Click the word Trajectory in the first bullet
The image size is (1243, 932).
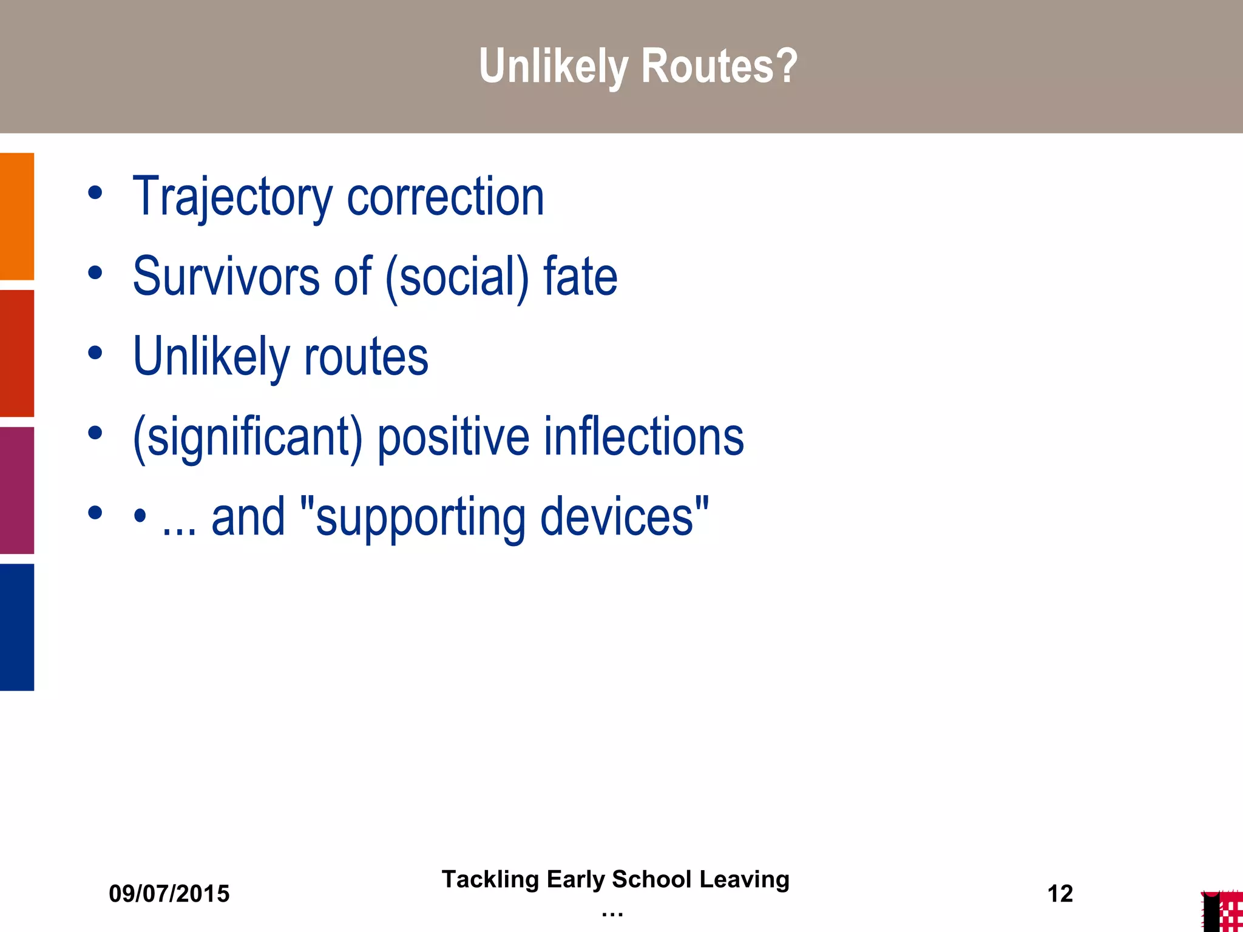pos(232,197)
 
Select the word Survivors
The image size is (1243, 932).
pos(226,277)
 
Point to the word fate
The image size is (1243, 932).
pos(580,277)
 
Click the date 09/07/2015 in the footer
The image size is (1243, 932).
pos(169,894)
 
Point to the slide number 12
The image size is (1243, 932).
pos(1060,894)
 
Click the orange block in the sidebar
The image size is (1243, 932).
pos(17,216)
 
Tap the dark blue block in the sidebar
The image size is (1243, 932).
pos(17,627)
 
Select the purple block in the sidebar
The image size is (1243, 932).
pos(17,490)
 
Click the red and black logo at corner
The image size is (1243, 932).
pos(1222,911)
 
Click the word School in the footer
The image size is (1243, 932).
pos(651,879)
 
